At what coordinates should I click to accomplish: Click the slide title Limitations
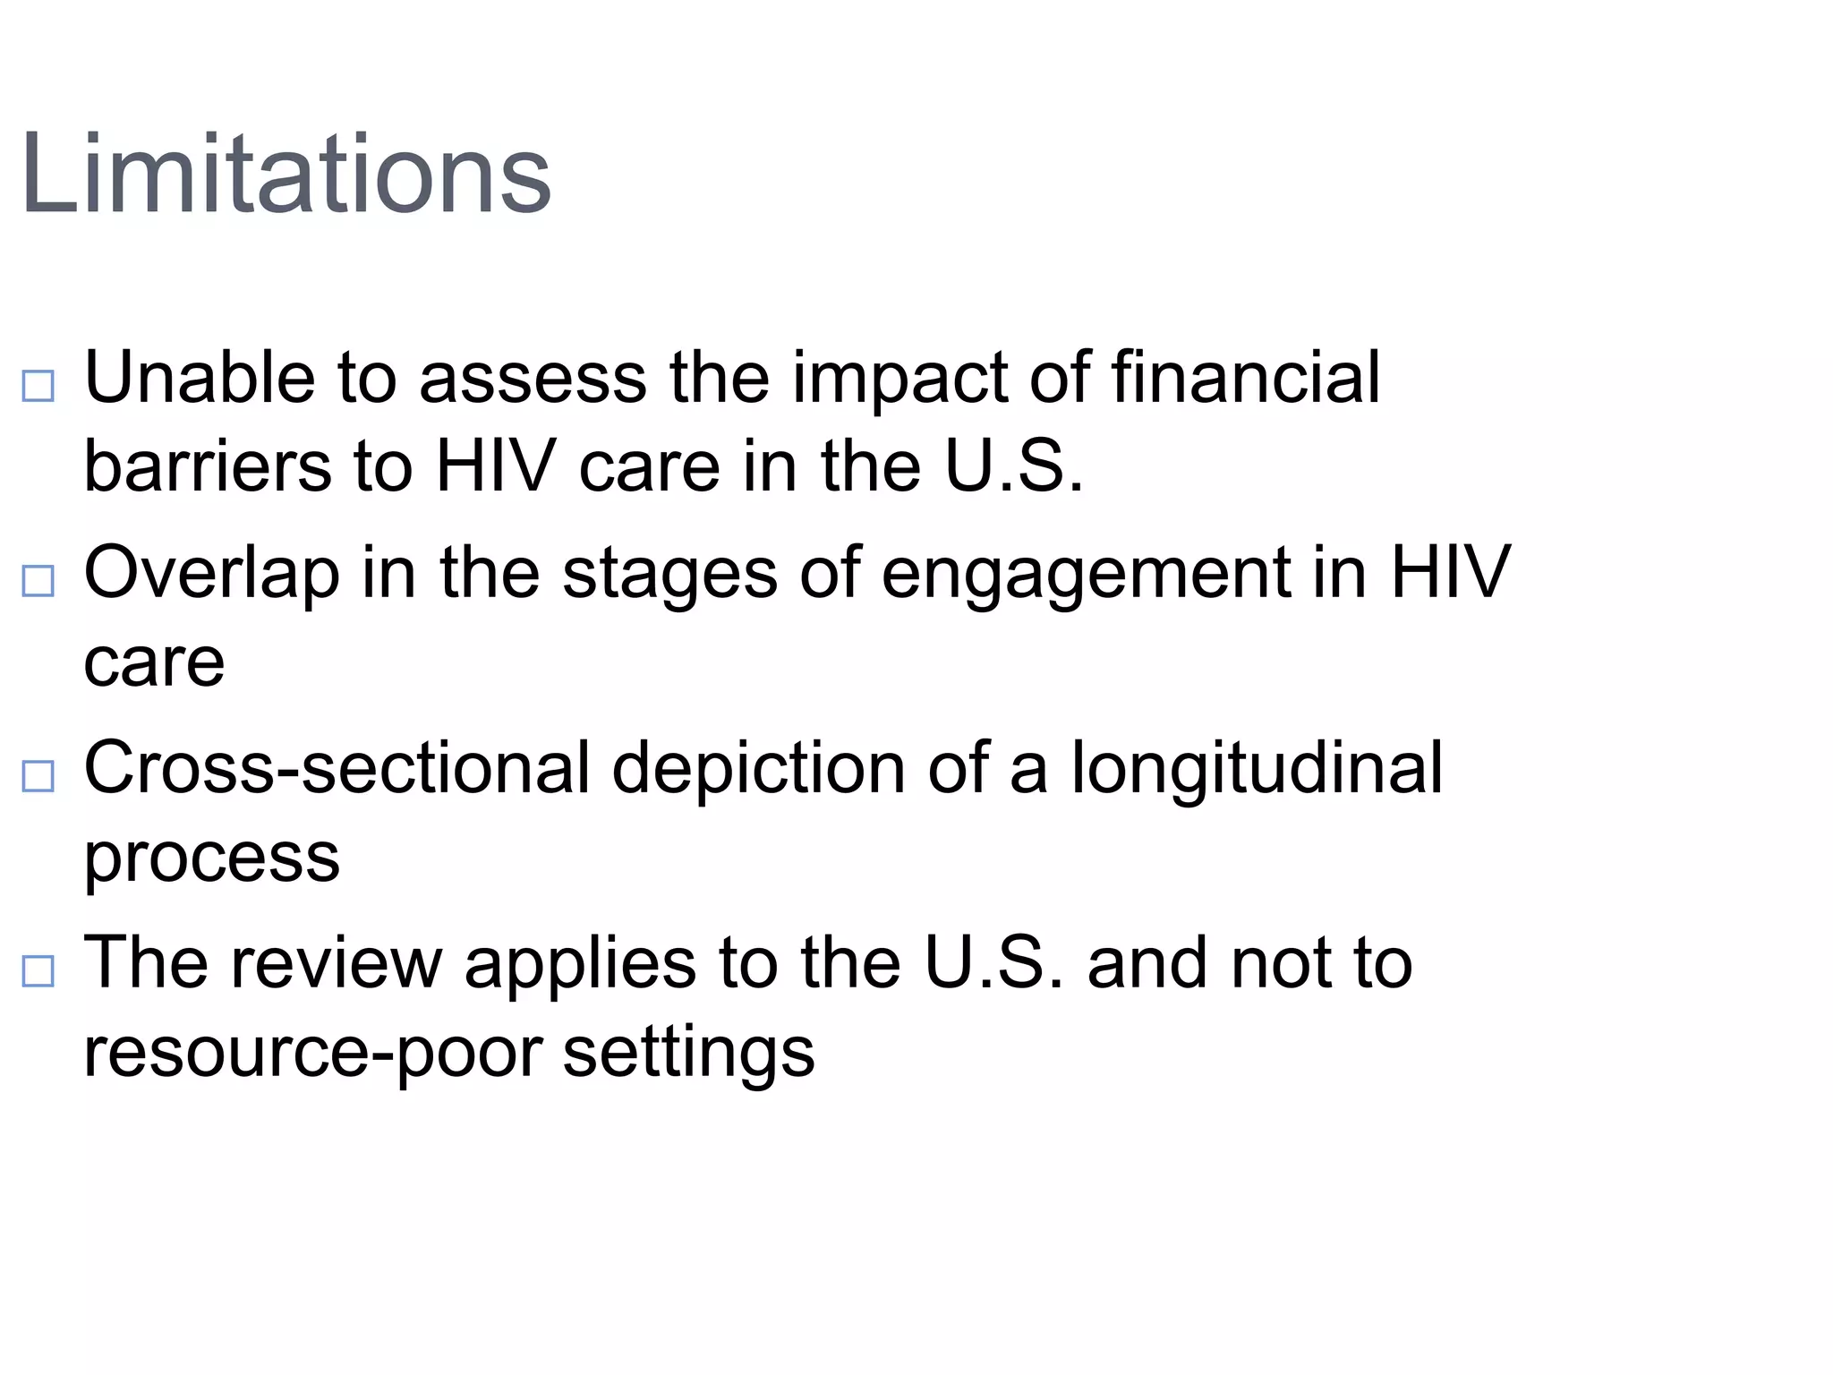[285, 174]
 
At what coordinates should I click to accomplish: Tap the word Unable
[199, 378]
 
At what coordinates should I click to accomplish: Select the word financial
[1245, 378]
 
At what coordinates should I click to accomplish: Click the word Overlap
[211, 573]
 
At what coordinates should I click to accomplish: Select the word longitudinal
[1257, 768]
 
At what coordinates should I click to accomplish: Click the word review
[337, 963]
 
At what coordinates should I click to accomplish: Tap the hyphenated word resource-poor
[312, 1053]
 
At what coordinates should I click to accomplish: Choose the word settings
[688, 1053]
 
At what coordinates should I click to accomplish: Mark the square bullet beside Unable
[38, 387]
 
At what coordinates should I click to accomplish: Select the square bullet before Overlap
[38, 582]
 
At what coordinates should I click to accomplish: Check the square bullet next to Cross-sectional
[38, 776]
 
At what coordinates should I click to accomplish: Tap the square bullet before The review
[38, 971]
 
